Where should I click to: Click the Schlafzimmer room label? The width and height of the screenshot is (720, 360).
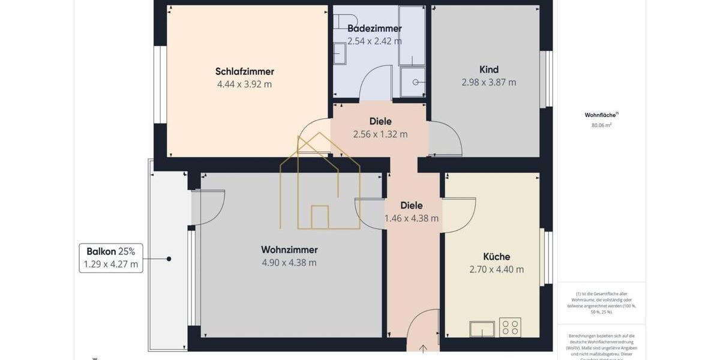point(245,72)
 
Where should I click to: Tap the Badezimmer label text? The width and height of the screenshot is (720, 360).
point(374,28)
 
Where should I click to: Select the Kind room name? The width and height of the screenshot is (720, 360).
point(489,70)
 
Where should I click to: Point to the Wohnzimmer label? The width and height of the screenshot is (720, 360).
point(289,250)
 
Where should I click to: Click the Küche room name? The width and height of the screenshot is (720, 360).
point(497,257)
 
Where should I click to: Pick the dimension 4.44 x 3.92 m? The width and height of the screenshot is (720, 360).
point(245,85)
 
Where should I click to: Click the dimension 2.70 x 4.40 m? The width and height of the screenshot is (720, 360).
point(497,270)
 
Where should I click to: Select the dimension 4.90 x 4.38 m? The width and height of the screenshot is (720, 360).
point(289,263)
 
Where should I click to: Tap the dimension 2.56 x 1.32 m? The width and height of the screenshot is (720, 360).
point(380,134)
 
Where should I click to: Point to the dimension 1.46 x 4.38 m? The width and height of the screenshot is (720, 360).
point(412,218)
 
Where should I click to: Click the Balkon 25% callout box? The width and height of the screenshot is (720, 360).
point(111,258)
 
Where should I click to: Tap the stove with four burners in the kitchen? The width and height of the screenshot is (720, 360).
point(510,327)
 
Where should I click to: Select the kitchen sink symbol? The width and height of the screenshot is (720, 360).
point(482,329)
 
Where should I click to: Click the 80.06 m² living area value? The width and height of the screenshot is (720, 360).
point(601,125)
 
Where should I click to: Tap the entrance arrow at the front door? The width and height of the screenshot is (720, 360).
point(423,349)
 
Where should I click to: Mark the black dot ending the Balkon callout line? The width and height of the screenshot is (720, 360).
point(169,259)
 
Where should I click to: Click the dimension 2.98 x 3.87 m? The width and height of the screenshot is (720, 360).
point(489,83)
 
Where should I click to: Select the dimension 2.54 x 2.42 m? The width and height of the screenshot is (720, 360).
point(374,41)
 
